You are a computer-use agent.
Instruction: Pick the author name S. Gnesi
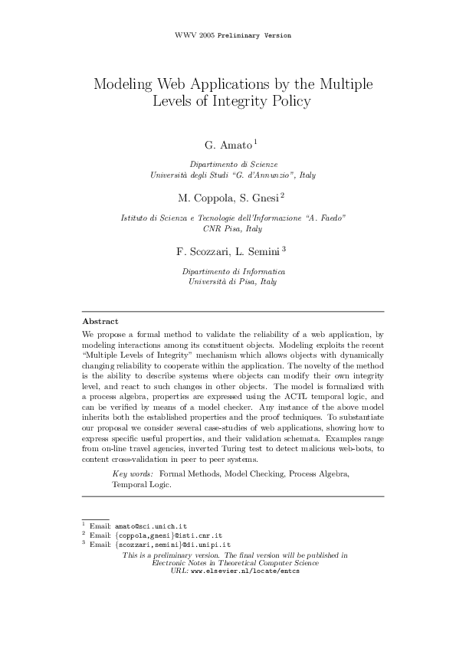click(x=262, y=197)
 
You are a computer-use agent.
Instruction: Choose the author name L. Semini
click(x=260, y=250)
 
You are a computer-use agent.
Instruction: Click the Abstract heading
click(x=100, y=322)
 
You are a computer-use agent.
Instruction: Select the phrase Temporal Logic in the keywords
click(x=142, y=485)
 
